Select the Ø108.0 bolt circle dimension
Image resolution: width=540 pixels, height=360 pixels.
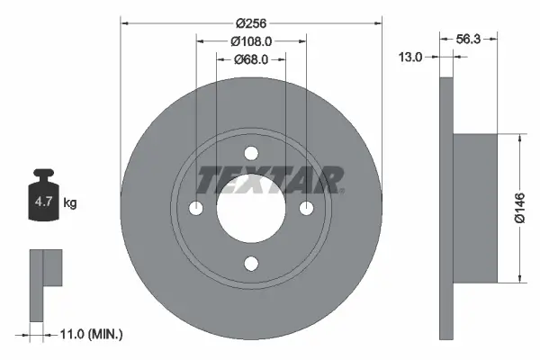[x=251, y=41]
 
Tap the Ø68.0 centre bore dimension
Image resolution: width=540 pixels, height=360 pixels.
[x=251, y=60]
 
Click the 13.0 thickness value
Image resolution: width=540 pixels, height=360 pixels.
[x=410, y=57]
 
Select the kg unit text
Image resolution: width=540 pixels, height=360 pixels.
[x=70, y=203]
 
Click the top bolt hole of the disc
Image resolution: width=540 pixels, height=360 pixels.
[x=251, y=153]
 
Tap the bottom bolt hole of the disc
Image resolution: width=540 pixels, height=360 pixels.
[x=251, y=264]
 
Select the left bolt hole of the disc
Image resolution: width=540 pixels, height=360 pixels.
[x=196, y=209]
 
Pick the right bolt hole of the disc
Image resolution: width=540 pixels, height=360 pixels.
[x=307, y=209]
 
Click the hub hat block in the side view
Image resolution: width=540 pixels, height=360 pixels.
[x=473, y=208]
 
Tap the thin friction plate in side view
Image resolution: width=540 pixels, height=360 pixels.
[x=445, y=208]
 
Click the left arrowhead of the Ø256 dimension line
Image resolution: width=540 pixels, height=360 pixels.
[x=124, y=23]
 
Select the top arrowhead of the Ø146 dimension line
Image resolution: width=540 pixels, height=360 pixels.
[x=519, y=139]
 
